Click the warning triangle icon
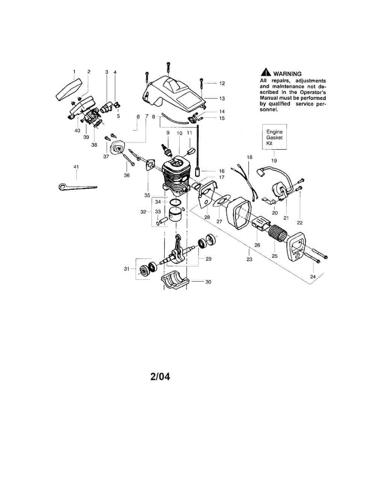[265, 73]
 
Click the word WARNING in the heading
[287, 74]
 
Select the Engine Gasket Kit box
[274, 138]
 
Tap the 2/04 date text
[160, 377]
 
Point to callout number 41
[76, 166]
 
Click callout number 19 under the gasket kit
[274, 160]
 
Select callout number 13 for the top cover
[222, 98]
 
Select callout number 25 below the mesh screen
[274, 256]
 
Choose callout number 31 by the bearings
[126, 268]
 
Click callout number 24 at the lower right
[313, 277]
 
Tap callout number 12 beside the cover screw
[222, 83]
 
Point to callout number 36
[126, 175]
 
